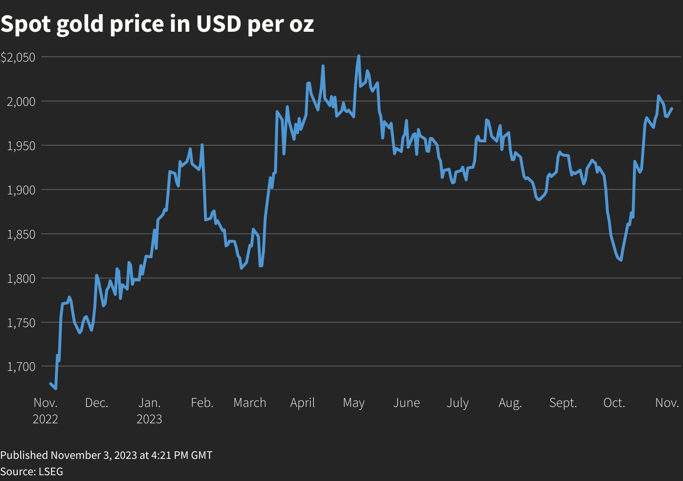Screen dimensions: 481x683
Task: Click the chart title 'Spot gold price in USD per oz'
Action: point(157,24)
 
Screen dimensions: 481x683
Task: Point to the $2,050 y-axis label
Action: point(18,57)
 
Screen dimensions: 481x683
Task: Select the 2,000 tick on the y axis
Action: point(21,101)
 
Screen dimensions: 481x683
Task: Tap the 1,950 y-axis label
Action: point(21,146)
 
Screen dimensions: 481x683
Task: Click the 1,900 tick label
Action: point(21,190)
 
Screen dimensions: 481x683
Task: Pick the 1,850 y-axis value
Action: point(21,234)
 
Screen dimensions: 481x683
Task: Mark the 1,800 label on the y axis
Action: point(21,278)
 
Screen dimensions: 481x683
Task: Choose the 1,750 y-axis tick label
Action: point(21,323)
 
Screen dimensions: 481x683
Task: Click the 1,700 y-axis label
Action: point(21,367)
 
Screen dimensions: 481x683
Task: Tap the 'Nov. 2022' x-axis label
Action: point(45,410)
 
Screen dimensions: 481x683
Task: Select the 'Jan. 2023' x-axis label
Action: point(149,410)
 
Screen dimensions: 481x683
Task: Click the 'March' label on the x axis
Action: point(250,403)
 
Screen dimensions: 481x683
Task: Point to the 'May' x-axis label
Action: point(354,403)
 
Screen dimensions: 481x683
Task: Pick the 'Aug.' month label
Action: point(510,403)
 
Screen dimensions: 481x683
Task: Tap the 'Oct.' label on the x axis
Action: point(614,403)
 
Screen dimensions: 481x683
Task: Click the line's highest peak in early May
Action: point(358,56)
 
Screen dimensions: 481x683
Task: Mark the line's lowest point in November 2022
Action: point(56,388)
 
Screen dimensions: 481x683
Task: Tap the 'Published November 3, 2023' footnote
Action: point(106,455)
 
